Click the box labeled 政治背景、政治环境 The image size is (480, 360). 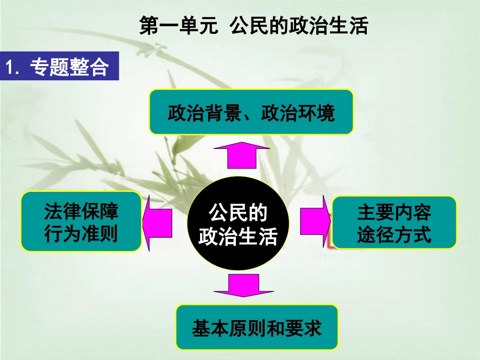[x=251, y=113]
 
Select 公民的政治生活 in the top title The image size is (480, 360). [x=298, y=26]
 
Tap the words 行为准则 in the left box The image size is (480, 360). [x=81, y=235]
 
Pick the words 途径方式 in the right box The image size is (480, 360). [x=394, y=235]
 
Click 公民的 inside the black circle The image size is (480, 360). [x=238, y=213]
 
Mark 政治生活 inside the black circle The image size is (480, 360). [x=238, y=236]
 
